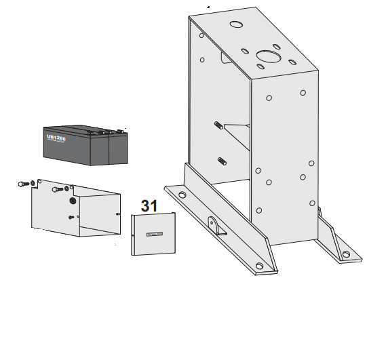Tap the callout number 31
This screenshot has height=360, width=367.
(149, 205)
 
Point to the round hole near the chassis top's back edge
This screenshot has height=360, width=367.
(236, 24)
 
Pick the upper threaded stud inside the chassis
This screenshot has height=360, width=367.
(220, 126)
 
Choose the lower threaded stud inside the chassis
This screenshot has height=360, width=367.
(221, 161)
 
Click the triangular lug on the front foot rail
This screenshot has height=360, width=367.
(213, 226)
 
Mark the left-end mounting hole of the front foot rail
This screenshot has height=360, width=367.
(182, 195)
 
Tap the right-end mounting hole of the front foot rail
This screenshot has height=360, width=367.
(258, 265)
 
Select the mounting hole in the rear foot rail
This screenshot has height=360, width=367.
(347, 255)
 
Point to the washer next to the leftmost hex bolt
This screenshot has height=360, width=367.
(33, 183)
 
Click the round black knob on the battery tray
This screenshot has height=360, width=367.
(73, 201)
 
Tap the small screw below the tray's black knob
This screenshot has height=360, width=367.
(72, 217)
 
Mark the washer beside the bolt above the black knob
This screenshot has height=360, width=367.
(67, 188)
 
